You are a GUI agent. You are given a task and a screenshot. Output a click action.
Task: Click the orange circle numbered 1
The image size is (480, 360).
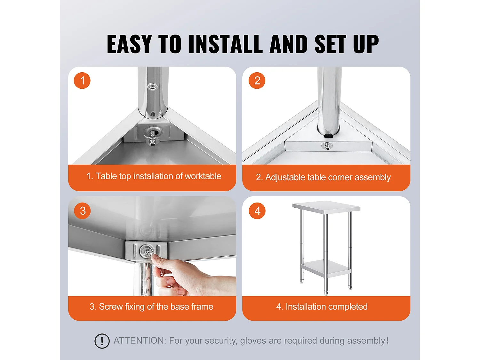pos(82,80)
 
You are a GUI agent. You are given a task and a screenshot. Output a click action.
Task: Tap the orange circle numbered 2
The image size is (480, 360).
pos(257,80)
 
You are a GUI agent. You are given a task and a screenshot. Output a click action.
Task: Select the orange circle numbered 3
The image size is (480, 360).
pos(82,211)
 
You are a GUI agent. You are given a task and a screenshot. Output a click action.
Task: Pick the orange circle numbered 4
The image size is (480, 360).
pos(257,211)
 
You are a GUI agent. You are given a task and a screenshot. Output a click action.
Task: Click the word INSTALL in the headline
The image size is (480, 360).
pos(225,44)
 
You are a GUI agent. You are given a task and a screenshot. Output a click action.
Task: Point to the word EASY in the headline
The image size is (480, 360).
pos(129,44)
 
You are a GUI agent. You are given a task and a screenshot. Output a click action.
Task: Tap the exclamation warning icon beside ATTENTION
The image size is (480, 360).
pos(102,341)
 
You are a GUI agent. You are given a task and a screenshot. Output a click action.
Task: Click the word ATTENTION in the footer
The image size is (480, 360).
pos(140,340)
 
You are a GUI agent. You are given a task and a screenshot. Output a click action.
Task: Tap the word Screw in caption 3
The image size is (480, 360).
pos(111,307)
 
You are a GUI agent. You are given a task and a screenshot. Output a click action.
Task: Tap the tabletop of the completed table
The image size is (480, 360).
pos(326,207)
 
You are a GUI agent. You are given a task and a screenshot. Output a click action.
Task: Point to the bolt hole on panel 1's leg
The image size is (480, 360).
pos(152,87)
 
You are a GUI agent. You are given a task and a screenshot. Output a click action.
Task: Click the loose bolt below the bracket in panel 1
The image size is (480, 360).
pos(152,142)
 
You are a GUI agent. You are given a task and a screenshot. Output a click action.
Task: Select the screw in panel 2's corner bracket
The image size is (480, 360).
pos(327,146)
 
